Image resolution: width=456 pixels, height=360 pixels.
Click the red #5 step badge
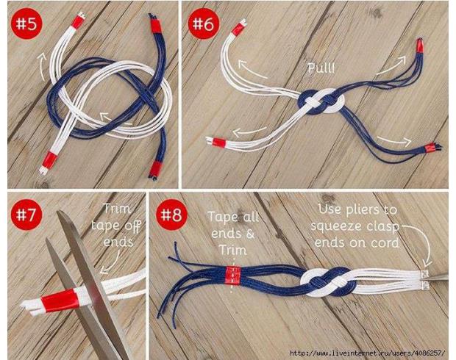[x=26, y=24]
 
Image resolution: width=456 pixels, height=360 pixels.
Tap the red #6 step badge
[x=203, y=24]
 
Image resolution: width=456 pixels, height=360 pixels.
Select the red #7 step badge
[x=26, y=215]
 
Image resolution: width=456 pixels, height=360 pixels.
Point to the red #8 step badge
[x=171, y=215]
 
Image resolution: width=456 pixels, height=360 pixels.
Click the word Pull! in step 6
[x=321, y=68]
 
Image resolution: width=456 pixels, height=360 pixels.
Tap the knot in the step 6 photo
[x=321, y=101]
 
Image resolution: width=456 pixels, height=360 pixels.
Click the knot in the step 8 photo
[x=329, y=282]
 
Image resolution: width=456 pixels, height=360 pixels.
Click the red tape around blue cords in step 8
[x=233, y=276]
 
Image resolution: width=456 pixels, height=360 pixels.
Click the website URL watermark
[x=368, y=353]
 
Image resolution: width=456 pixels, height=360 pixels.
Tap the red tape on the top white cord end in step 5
[x=78, y=21]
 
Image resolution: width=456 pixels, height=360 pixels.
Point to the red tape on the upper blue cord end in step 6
[x=419, y=46]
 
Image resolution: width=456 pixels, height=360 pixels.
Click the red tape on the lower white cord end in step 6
[x=219, y=143]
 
